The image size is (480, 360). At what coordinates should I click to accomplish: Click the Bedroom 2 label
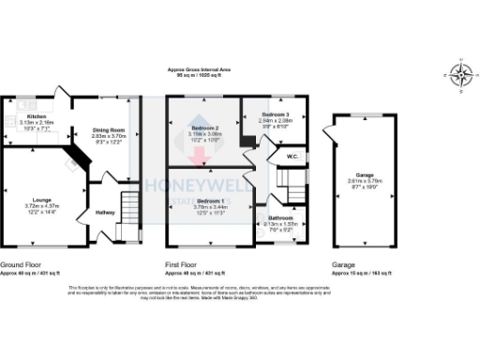(x=204, y=127)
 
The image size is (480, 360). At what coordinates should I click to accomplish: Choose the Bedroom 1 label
(x=209, y=201)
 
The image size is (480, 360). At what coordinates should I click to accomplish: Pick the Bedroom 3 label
(x=275, y=114)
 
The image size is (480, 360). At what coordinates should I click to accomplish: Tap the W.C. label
(x=292, y=157)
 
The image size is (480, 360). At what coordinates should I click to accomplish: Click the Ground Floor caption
(x=19, y=265)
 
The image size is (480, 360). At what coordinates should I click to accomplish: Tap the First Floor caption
(x=184, y=265)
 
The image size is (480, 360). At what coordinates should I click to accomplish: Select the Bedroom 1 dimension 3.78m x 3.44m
(x=209, y=207)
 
